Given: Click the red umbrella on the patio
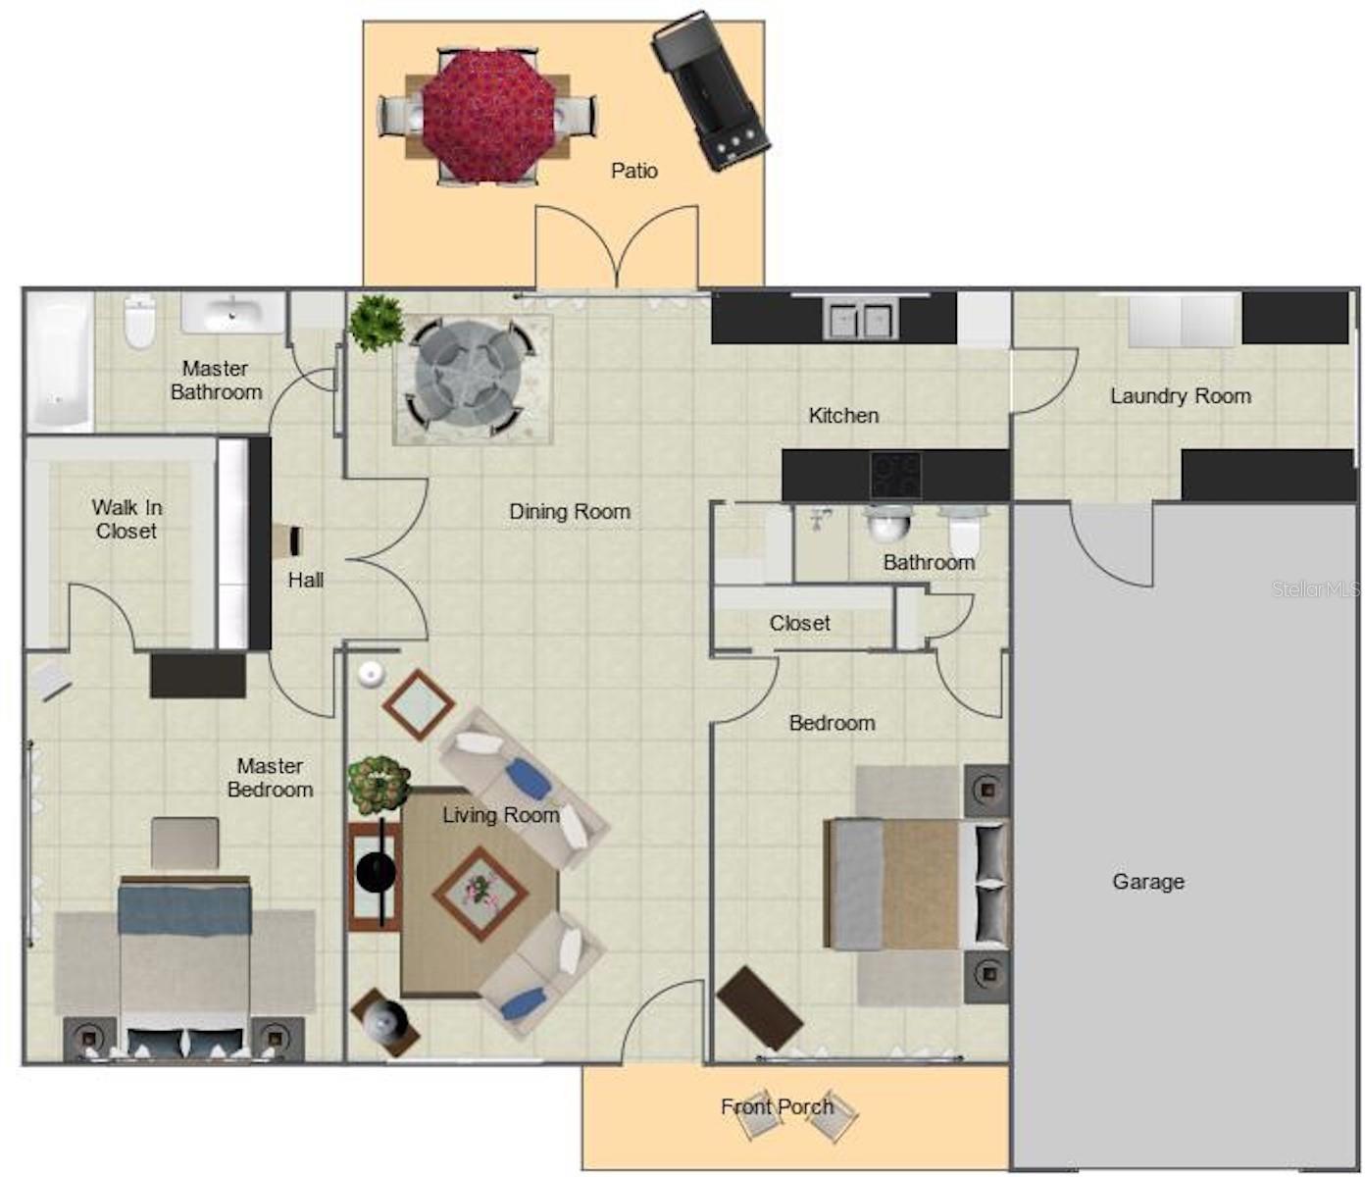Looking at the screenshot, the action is (x=488, y=117).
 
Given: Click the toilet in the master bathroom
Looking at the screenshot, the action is (x=140, y=322).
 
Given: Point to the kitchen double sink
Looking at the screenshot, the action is (x=860, y=320).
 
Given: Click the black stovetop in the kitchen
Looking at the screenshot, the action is (x=896, y=475).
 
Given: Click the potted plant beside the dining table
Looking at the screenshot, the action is (x=378, y=324).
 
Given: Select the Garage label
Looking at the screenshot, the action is (x=1148, y=882).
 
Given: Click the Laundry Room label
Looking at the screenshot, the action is (x=1181, y=395).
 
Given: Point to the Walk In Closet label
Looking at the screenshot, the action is (x=126, y=519).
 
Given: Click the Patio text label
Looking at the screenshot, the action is (x=634, y=171).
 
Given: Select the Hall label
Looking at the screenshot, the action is (x=306, y=580).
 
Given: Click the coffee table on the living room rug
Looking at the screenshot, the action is (x=480, y=894).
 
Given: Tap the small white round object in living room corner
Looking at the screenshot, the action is (x=371, y=674).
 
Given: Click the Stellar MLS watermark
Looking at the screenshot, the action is (x=1315, y=588).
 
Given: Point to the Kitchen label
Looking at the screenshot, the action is (x=844, y=416).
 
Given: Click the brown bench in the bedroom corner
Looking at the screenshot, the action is (x=759, y=1008).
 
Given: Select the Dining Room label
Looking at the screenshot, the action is (x=570, y=511).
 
